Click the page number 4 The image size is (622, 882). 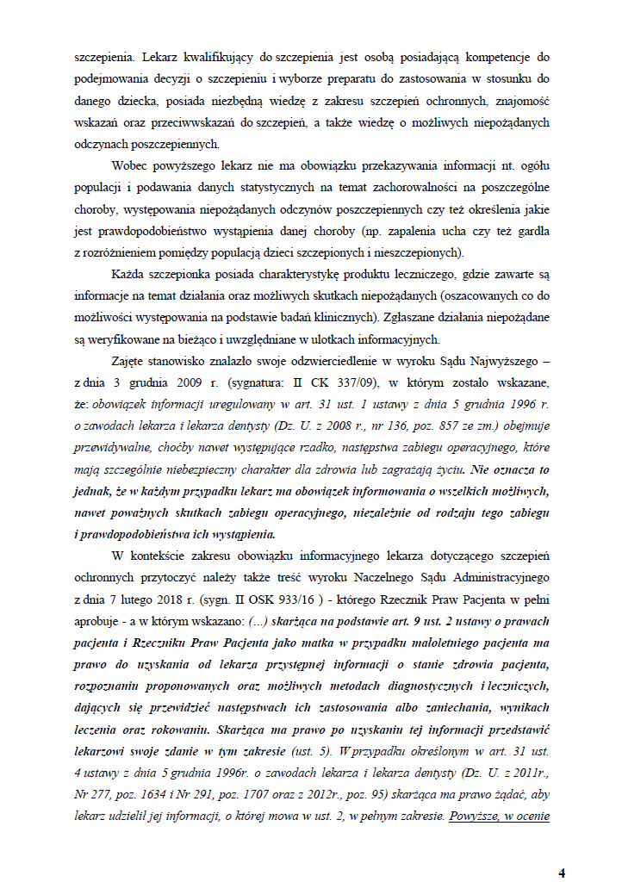[562, 873]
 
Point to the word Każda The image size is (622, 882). [130, 274]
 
